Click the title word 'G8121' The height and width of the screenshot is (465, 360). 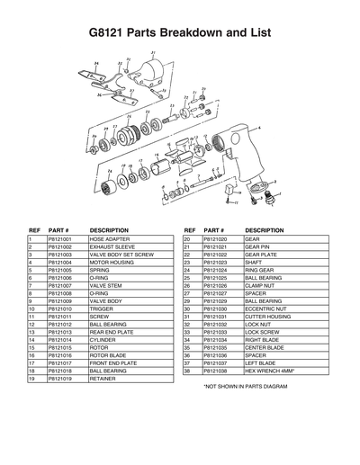[x=109, y=33]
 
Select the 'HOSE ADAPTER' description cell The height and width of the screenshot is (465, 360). [x=109, y=239]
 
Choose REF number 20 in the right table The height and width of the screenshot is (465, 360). [x=187, y=239]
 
